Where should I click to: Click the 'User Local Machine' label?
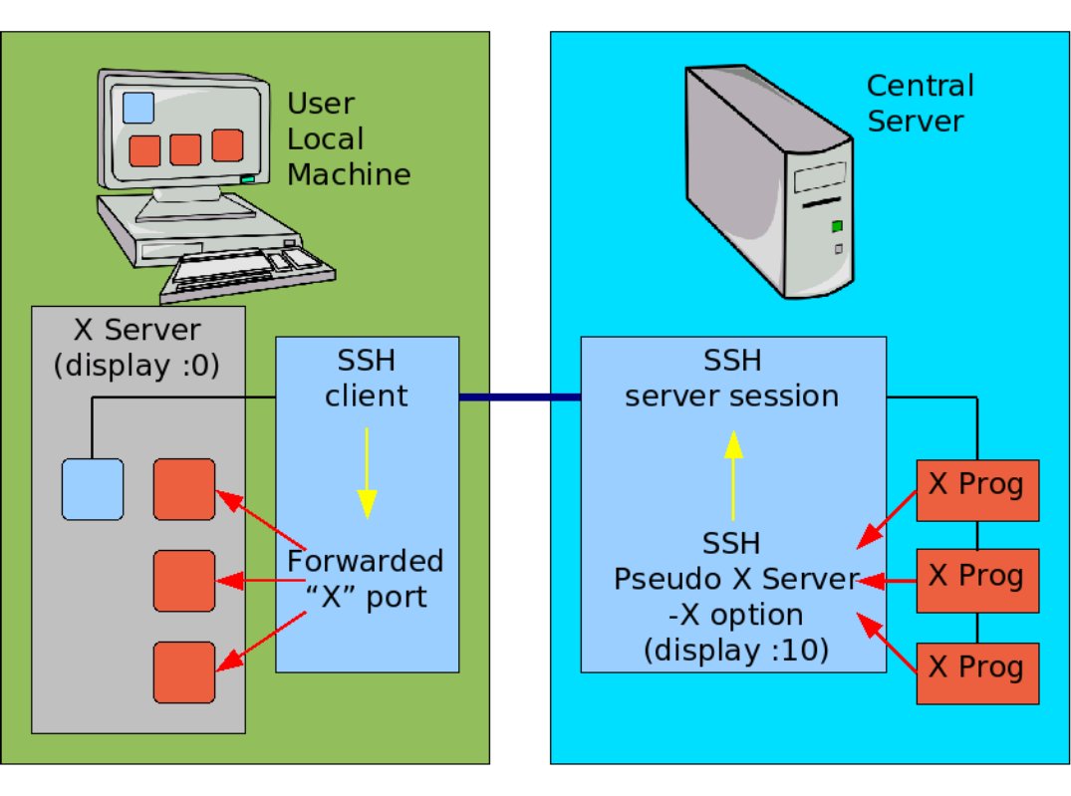pyautogui.click(x=348, y=139)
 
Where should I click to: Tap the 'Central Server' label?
pyautogui.click(x=919, y=103)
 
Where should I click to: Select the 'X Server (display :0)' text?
pyautogui.click(x=137, y=347)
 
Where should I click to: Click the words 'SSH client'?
pyautogui.click(x=366, y=379)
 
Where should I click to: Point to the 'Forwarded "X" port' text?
pyautogui.click(x=366, y=578)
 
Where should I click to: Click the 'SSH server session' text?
pyautogui.click(x=731, y=379)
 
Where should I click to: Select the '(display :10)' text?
pyautogui.click(x=735, y=651)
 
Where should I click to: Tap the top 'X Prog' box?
pyautogui.click(x=976, y=490)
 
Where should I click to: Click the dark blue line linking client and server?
pyautogui.click(x=519, y=398)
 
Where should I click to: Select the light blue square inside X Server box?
pyautogui.click(x=92, y=489)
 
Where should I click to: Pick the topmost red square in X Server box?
pyautogui.click(x=184, y=489)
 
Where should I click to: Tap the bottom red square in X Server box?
pyautogui.click(x=184, y=672)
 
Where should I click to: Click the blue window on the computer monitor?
pyautogui.click(x=138, y=108)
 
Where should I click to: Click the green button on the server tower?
pyautogui.click(x=837, y=226)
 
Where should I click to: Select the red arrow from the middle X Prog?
pyautogui.click(x=886, y=579)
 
